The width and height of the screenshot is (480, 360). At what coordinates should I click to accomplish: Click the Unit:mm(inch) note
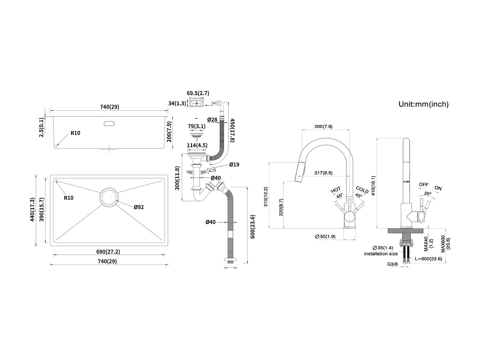point(423,104)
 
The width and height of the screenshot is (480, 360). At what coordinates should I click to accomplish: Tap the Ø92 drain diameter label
point(139,207)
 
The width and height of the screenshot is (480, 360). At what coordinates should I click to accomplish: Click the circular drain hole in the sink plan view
point(109,197)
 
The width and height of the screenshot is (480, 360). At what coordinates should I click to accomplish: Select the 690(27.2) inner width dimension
point(108,252)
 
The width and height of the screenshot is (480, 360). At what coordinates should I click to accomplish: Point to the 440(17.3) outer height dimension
point(32,210)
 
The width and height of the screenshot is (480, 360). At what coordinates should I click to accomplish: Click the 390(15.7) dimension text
point(41,210)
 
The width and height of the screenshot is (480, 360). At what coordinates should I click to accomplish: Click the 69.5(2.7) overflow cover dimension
point(198,93)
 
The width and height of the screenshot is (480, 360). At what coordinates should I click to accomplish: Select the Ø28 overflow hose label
point(212,120)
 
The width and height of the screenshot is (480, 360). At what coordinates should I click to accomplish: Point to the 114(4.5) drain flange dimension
point(197,145)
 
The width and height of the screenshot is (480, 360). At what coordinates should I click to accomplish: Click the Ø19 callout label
point(234,165)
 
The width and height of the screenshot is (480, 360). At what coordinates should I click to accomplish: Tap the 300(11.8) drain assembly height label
point(177,178)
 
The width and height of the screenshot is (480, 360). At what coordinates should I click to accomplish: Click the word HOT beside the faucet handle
point(336,190)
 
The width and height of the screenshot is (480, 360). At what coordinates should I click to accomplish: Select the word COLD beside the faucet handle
point(362,190)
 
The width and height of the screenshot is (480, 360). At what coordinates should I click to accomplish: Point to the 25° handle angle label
point(428,193)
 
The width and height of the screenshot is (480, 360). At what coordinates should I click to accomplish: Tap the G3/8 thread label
point(392,264)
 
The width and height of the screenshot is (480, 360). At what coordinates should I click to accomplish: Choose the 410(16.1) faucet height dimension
point(372,186)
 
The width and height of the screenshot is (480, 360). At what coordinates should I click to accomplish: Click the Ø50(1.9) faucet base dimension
point(325,236)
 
